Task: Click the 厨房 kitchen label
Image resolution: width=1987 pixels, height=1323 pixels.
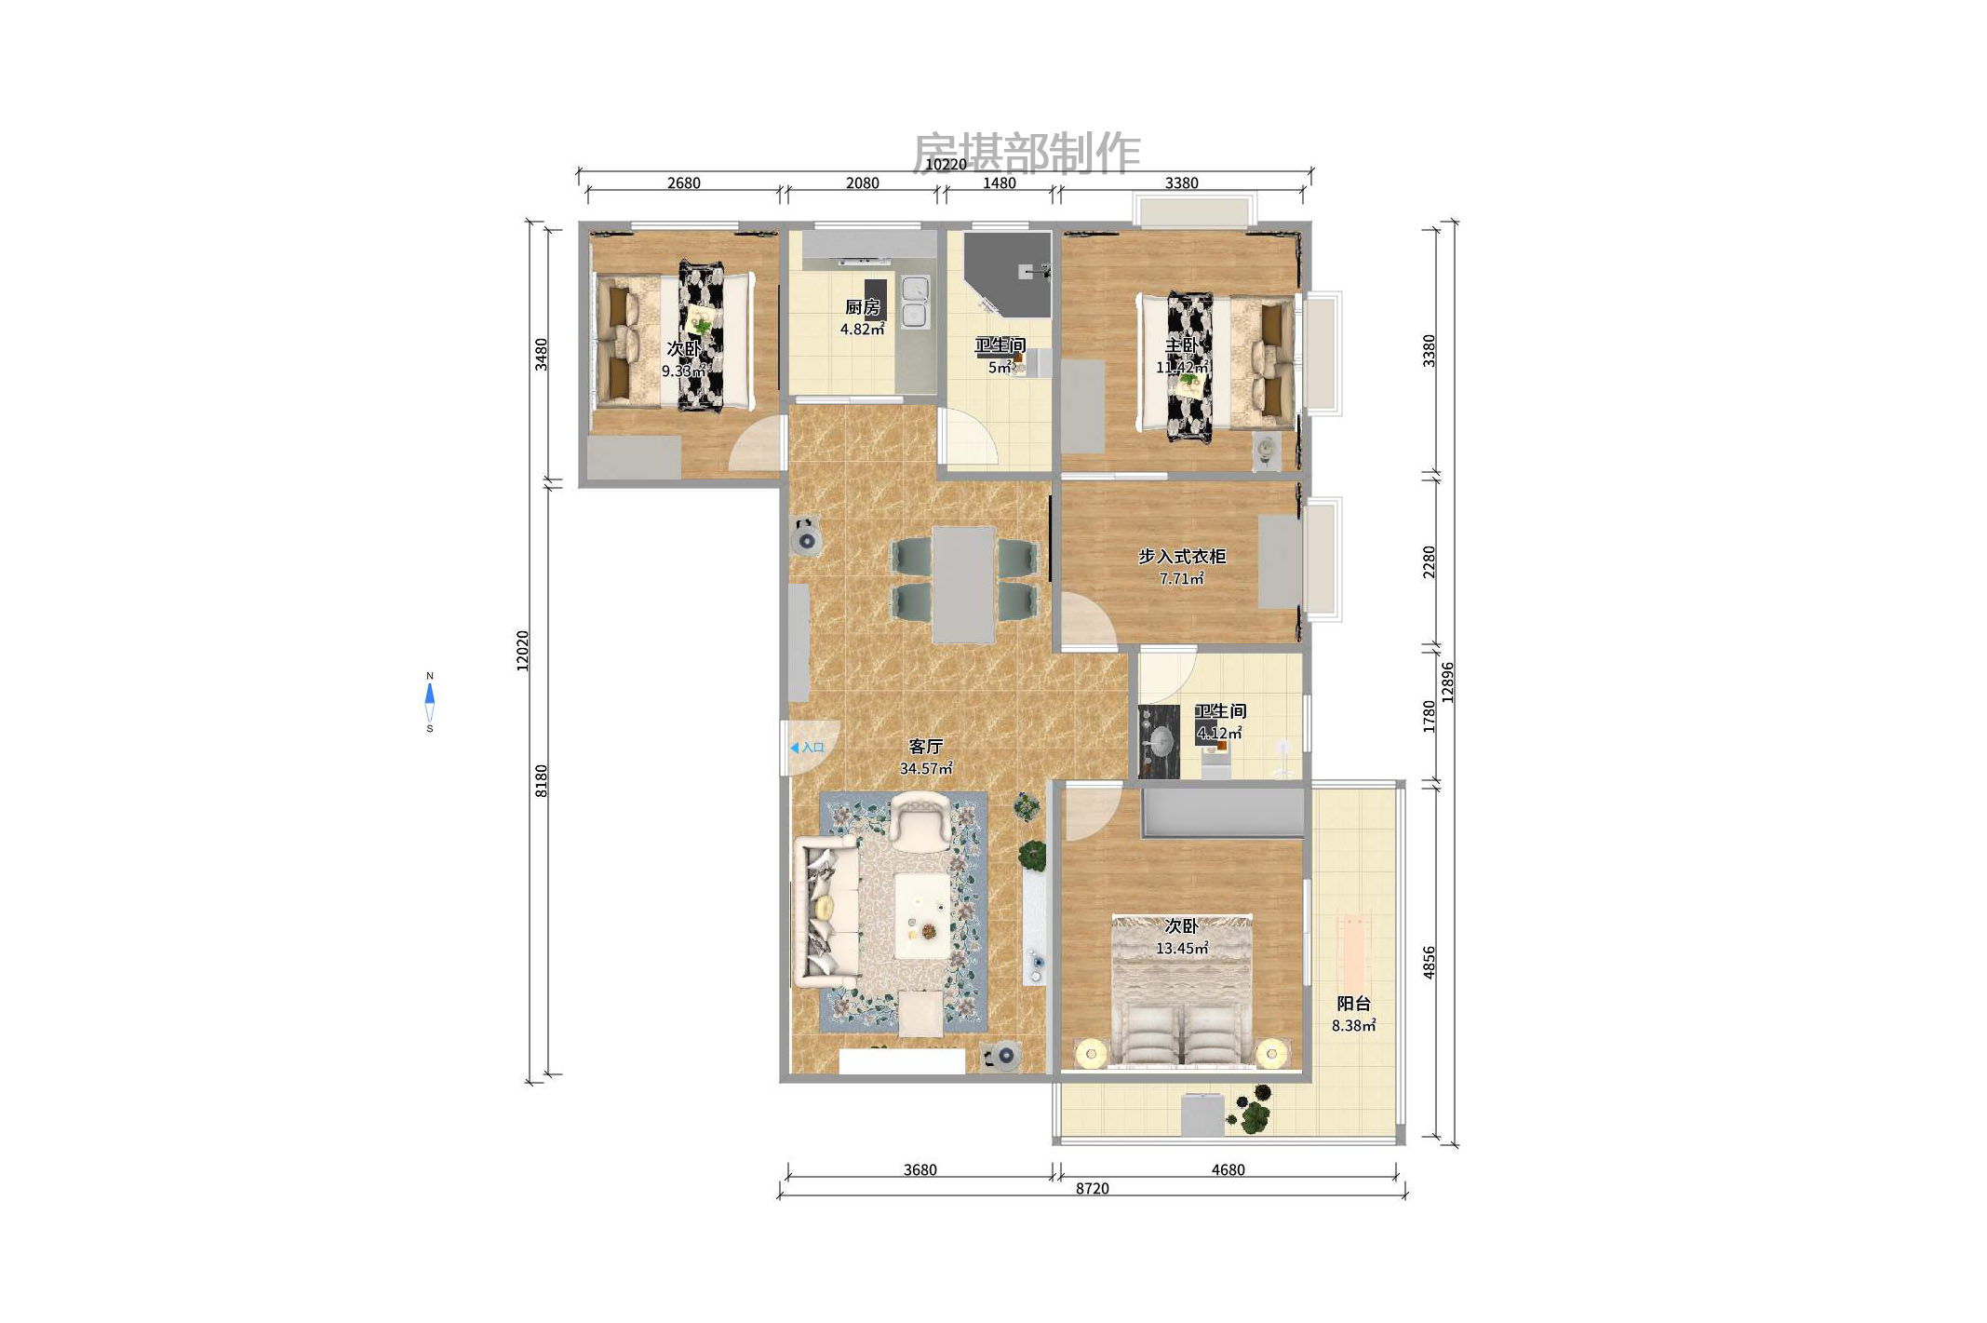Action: (862, 307)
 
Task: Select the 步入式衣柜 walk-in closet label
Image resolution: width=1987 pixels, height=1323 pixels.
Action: (1181, 557)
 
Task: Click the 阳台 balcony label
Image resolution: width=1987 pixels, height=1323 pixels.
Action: (1353, 1004)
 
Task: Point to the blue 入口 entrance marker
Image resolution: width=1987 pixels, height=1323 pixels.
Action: (807, 748)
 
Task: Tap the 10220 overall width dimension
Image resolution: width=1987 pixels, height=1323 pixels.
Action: (945, 165)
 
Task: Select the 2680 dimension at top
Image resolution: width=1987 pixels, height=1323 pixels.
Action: (683, 183)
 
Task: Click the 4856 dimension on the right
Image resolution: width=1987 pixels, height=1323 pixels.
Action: (1429, 962)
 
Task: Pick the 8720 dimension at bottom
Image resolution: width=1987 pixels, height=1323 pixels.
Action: (1092, 1189)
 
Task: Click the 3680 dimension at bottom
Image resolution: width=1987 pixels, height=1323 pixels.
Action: (920, 1170)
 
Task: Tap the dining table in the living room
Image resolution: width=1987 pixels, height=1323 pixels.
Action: (963, 585)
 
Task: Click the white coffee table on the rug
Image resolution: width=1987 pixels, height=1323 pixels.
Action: (922, 916)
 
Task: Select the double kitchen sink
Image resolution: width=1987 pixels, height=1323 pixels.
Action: (915, 302)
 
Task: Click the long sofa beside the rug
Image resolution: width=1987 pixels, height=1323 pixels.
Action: (826, 912)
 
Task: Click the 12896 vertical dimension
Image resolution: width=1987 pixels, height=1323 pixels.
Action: (1447, 682)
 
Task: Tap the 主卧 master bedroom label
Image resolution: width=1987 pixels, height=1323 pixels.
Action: (1181, 345)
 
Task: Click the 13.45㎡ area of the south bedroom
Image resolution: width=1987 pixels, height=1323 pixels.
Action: (1181, 949)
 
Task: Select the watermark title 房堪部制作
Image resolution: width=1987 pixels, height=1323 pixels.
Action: (1026, 153)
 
